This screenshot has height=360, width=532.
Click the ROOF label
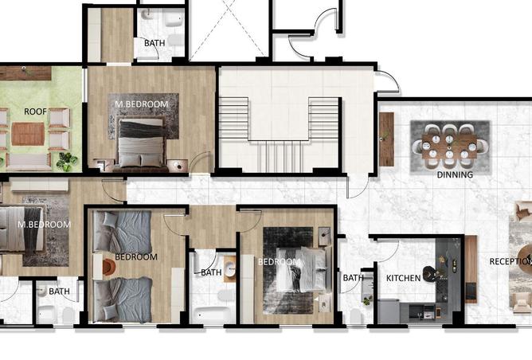tap(35, 112)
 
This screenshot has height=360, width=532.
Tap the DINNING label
tap(455, 174)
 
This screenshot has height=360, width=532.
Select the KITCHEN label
tap(404, 278)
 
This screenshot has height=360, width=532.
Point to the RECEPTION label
tap(510, 261)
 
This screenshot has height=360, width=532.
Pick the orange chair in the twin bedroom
tap(108, 267)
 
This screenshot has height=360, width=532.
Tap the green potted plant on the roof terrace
tap(66, 161)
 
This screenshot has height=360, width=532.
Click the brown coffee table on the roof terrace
tap(28, 134)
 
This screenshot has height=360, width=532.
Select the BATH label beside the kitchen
tap(353, 278)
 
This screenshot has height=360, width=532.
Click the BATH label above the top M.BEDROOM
tap(155, 43)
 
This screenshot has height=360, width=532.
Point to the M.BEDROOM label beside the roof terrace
tap(142, 104)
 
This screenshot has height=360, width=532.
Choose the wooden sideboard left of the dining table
tap(386, 139)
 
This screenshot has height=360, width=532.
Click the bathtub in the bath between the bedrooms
tap(213, 315)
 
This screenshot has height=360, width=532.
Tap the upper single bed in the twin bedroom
tap(122, 232)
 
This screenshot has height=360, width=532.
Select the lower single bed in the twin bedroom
tap(122, 299)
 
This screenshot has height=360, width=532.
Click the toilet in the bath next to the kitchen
tap(355, 316)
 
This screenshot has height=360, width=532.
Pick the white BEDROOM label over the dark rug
tap(279, 262)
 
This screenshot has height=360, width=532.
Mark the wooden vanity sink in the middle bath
tap(229, 269)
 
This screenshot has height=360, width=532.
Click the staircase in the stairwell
tap(279, 135)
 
